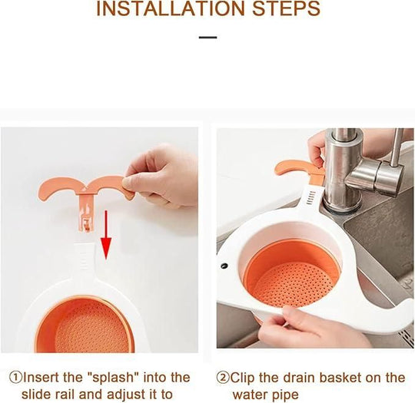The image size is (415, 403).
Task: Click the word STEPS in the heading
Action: click(x=281, y=10)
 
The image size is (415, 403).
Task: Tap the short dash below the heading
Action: click(x=207, y=36)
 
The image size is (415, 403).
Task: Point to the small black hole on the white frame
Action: click(x=225, y=266)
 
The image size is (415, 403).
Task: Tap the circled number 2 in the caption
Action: click(x=224, y=378)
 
